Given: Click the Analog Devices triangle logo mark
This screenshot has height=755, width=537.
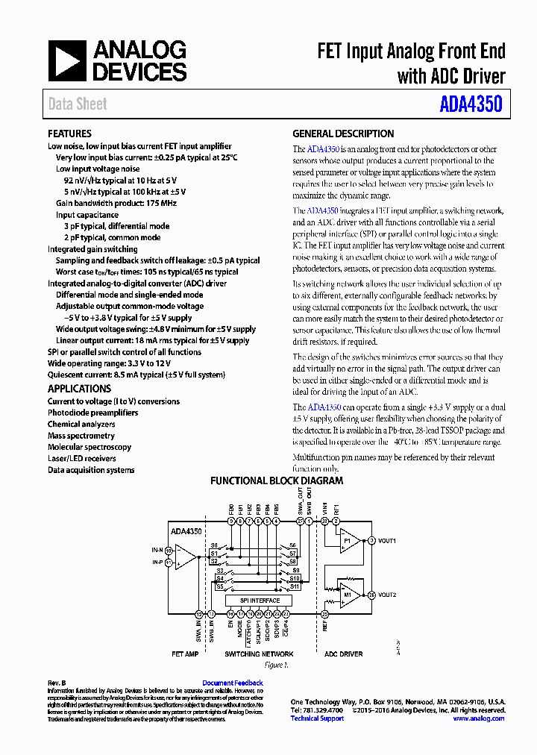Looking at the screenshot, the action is (x=68, y=61).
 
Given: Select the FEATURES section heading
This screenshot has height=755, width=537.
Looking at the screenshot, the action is (x=69, y=134).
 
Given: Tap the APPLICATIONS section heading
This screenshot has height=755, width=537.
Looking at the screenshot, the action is (x=79, y=389).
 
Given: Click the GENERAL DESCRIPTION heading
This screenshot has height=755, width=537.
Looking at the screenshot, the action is (x=343, y=134).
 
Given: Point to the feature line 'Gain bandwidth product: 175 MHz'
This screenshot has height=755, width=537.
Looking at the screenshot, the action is (x=116, y=203).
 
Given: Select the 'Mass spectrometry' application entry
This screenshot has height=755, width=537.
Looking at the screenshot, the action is (x=81, y=436).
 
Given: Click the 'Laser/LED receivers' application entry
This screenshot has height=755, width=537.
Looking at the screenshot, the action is (x=82, y=459).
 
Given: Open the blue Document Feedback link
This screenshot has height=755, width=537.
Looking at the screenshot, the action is (x=233, y=683).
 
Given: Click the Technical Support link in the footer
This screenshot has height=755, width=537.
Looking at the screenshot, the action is (x=317, y=718).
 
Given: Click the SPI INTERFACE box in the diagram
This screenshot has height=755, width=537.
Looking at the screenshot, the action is (x=260, y=601).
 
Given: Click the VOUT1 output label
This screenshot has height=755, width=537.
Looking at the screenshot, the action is (x=387, y=541).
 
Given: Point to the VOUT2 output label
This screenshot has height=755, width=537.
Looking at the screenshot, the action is (x=387, y=595).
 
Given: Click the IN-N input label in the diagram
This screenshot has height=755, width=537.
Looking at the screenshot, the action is (x=157, y=550).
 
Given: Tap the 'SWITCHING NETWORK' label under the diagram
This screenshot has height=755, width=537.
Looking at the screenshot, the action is (x=259, y=654).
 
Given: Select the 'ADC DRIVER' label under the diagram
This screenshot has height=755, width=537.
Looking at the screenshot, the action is (x=343, y=654).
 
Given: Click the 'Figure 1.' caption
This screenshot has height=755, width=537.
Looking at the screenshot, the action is (x=276, y=665).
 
